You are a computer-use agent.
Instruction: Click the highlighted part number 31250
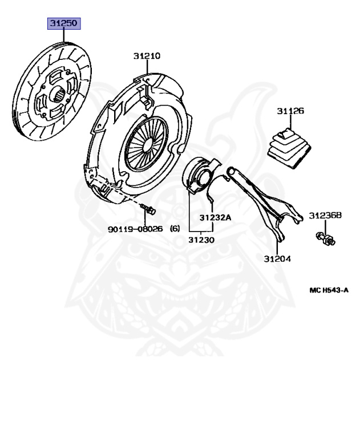(x=63, y=25)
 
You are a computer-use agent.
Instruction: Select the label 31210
(x=147, y=56)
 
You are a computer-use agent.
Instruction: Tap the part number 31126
(x=290, y=111)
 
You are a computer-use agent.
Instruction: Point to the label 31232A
(x=215, y=217)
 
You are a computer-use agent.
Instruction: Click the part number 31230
(x=201, y=240)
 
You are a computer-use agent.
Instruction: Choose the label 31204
(x=277, y=258)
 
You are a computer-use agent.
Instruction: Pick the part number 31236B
(x=325, y=216)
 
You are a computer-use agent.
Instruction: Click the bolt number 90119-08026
(x=135, y=229)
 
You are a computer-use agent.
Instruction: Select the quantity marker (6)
(x=175, y=229)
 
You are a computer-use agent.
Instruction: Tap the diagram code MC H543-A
(x=329, y=290)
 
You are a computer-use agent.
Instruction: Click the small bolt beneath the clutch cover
(x=150, y=210)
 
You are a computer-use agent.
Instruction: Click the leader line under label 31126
(x=290, y=123)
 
